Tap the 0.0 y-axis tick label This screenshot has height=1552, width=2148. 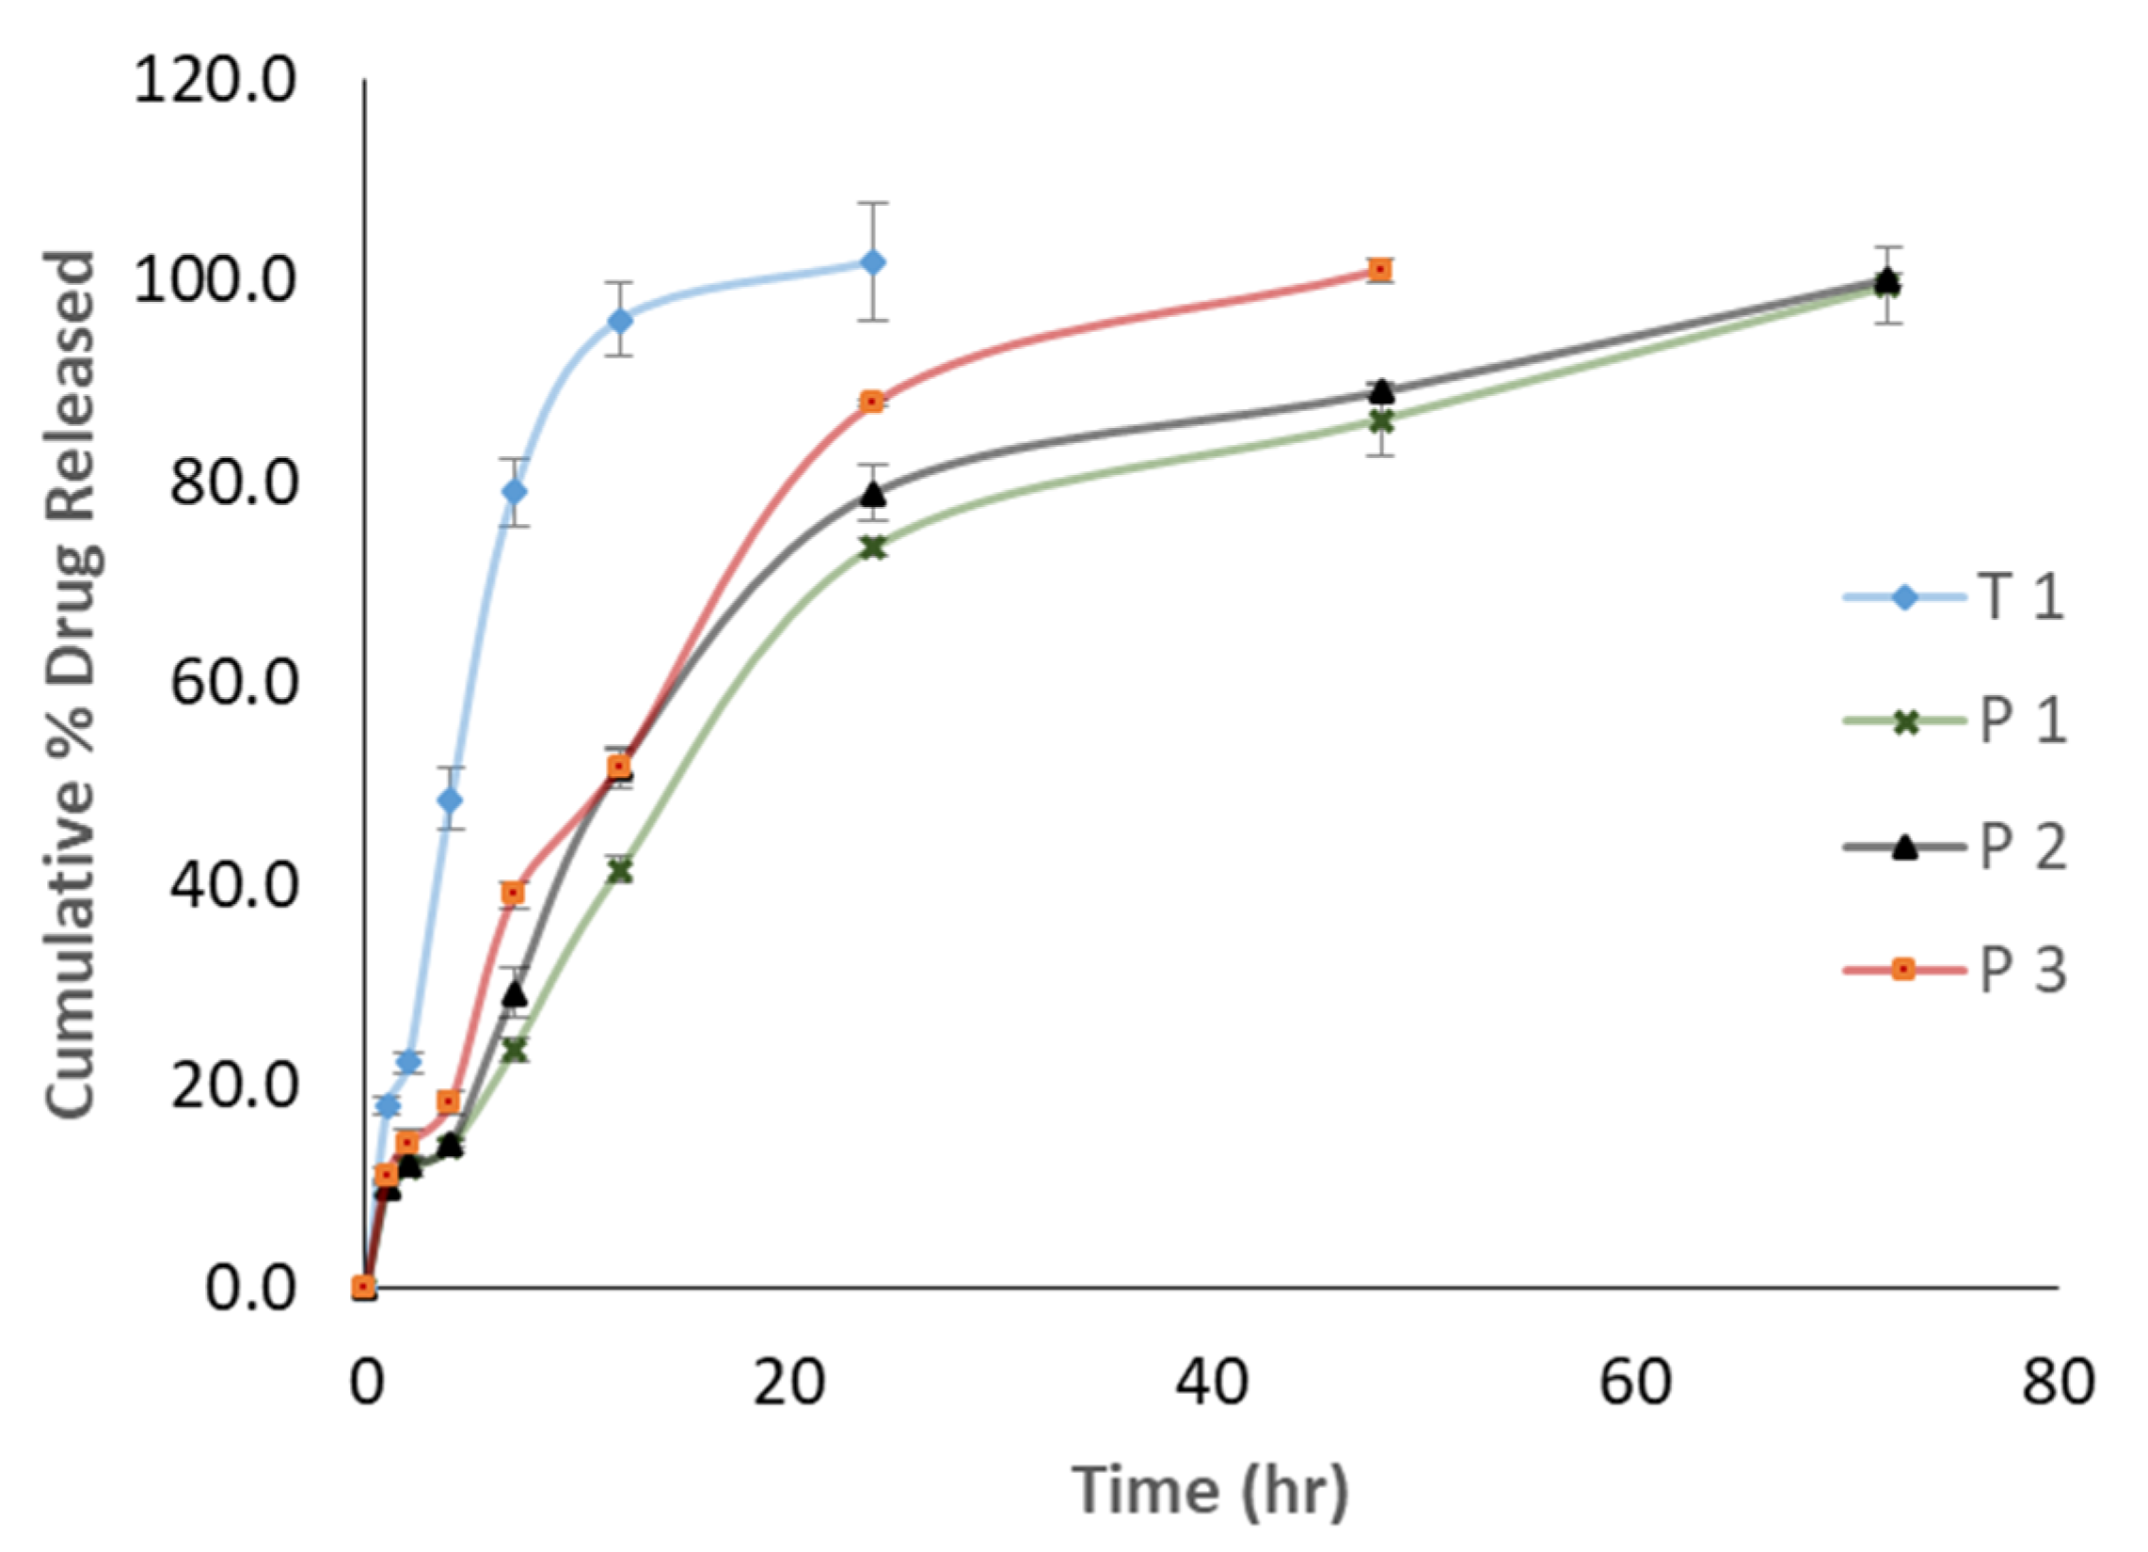coord(250,1288)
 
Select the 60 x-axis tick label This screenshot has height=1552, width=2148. coord(1634,1383)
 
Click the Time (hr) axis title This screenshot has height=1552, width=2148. coord(1209,1491)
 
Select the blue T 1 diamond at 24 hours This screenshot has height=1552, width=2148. coord(873,262)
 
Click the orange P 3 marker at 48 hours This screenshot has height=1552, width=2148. coord(1381,270)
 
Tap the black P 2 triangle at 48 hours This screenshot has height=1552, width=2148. coord(1382,391)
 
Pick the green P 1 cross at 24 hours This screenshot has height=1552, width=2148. coord(873,547)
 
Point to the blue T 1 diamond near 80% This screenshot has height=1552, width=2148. coord(515,491)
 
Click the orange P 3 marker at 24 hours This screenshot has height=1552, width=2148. coord(872,403)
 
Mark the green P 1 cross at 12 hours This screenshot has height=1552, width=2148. coord(619,871)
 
